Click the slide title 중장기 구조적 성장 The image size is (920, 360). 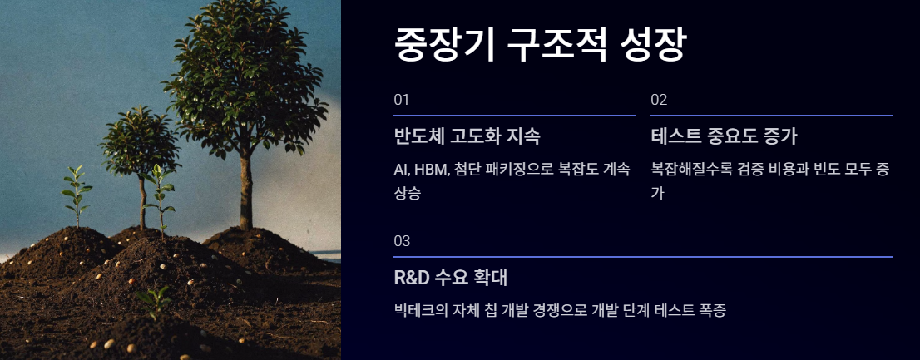(x=540, y=45)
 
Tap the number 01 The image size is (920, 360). (x=401, y=101)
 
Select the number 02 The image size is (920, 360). (x=659, y=101)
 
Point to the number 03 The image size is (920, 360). (x=402, y=241)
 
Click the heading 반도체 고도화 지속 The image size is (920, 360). (x=467, y=136)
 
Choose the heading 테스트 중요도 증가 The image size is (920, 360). (x=724, y=136)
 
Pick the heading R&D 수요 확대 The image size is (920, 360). (x=451, y=278)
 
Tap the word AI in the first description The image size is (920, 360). (x=402, y=170)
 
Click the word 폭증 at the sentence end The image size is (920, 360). (x=713, y=311)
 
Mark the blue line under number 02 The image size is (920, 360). (x=772, y=116)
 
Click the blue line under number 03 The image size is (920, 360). (x=643, y=257)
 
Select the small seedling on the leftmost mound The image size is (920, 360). (x=77, y=196)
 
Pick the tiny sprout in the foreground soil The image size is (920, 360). (x=154, y=300)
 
